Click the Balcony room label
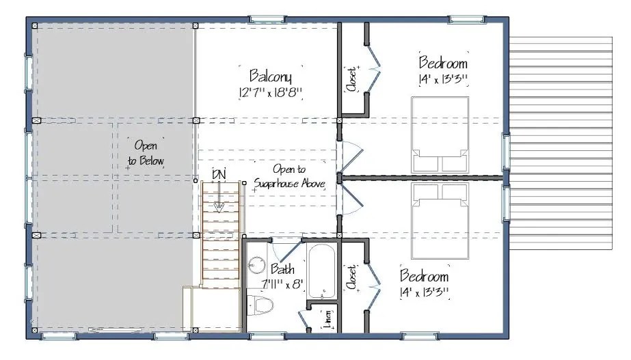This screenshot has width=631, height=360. pos(271,74)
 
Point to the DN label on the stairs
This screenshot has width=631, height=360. pos(219,175)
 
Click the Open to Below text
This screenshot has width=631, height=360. pos(146,154)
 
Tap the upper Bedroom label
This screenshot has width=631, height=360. pos(442,63)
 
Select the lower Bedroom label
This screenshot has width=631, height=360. pos(425,277)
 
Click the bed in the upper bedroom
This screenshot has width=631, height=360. pos(440,135)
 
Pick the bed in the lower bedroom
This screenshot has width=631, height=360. pos(440,209)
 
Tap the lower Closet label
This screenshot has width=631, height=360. pos(351,278)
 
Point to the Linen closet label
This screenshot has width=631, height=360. pos(330,320)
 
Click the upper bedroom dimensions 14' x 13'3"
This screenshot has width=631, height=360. pos(442,79)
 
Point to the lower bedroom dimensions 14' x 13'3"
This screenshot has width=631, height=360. pos(425,293)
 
